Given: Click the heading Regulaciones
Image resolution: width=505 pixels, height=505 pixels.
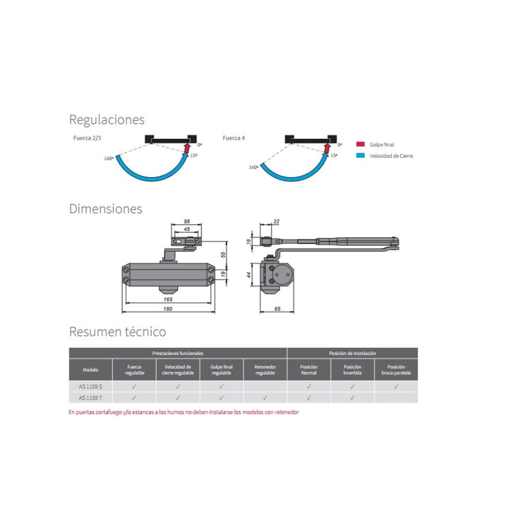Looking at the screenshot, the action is coord(107,120).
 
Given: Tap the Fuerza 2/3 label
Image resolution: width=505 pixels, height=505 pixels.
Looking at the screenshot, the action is coord(87,138).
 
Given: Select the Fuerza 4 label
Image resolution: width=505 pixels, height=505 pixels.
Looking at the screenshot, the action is coord(233,138).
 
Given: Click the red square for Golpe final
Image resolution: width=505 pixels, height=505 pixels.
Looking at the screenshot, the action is coord(361,144).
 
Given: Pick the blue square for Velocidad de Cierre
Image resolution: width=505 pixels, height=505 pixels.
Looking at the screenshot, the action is coord(361,155).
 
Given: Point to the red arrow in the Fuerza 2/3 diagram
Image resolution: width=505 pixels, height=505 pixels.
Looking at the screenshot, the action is coord(186,148).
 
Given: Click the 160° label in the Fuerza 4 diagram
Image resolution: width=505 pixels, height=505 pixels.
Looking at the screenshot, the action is coord(253,167).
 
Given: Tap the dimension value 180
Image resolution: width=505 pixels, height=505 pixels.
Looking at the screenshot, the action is coord(168,309).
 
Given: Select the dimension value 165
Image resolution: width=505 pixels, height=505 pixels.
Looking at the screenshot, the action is coord(168,299).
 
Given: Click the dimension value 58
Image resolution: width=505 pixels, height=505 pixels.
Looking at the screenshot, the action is coord(187,221).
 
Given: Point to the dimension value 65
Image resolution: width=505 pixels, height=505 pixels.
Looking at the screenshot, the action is coord(277,309).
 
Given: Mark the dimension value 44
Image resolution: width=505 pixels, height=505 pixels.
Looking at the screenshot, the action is coord(249,275).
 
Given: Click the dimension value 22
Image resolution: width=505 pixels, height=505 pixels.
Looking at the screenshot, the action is coord(276,221).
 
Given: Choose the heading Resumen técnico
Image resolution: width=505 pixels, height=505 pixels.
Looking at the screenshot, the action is coord(117,331).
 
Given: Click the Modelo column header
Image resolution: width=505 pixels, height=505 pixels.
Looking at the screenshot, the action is coord(90,370).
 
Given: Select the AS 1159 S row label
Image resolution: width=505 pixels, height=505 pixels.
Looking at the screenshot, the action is coord(91,387).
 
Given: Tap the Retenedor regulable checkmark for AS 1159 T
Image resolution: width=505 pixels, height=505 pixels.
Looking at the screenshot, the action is coord(265,398).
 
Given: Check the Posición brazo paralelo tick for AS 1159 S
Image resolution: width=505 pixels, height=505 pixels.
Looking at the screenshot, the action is coord(396,387).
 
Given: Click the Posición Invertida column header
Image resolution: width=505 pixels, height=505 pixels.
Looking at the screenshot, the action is coord(352,370).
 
